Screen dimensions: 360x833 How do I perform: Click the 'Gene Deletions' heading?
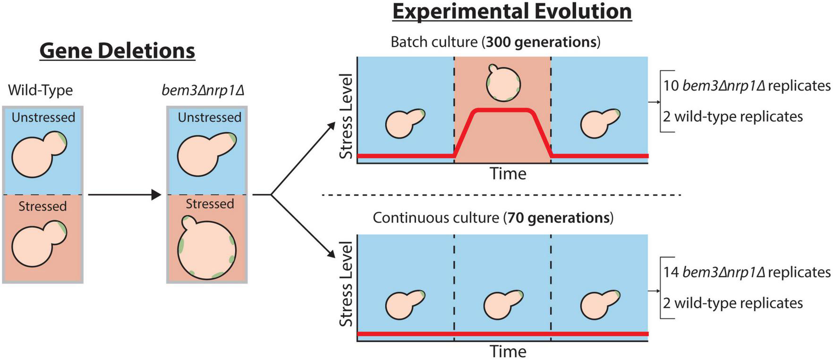(117, 51)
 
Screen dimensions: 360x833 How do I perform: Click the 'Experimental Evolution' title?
(512, 11)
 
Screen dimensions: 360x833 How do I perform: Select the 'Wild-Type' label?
(41, 90)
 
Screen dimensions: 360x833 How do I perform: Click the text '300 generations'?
(541, 42)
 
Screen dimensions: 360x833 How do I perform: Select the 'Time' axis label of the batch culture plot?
(508, 174)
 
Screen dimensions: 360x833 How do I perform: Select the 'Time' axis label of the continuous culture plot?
(508, 351)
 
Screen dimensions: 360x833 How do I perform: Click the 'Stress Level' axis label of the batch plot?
(346, 116)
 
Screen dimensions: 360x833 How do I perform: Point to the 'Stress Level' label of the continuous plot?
(346, 284)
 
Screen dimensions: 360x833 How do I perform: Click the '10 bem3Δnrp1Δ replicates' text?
(746, 86)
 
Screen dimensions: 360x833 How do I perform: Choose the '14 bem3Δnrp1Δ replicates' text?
(746, 272)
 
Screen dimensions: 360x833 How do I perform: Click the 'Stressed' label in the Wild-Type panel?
(42, 206)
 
